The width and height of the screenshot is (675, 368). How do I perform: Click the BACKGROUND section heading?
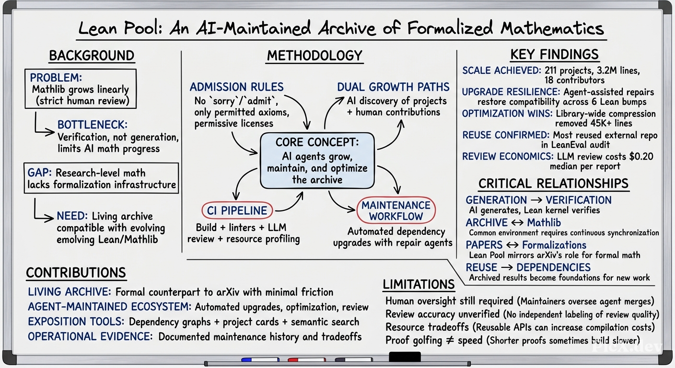point(92,56)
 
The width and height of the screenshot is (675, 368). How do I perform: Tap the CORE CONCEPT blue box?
point(317,161)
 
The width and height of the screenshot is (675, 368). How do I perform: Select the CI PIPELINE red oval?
point(237,210)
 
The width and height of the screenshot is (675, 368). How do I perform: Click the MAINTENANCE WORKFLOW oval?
point(396,210)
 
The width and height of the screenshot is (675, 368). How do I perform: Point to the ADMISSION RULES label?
point(236,87)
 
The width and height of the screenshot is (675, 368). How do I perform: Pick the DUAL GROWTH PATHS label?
point(393,87)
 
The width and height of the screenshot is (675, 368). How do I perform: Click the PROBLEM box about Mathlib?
point(81,89)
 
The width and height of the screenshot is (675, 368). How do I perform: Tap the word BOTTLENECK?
point(93,125)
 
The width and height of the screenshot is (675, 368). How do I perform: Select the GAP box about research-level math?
point(101,178)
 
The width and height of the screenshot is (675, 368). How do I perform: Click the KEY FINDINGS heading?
point(554,55)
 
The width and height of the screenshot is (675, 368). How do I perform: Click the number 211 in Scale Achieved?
point(550,70)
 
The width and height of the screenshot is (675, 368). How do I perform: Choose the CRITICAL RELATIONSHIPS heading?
point(554,184)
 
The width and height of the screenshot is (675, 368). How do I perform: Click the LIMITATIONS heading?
point(419,284)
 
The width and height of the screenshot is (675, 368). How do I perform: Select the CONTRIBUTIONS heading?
point(76,273)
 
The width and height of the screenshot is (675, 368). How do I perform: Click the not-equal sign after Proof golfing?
point(450,341)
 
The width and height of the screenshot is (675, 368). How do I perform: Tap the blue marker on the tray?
point(260,359)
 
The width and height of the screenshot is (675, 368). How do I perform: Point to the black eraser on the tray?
point(405,357)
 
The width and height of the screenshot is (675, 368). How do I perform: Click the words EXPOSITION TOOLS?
point(76,322)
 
